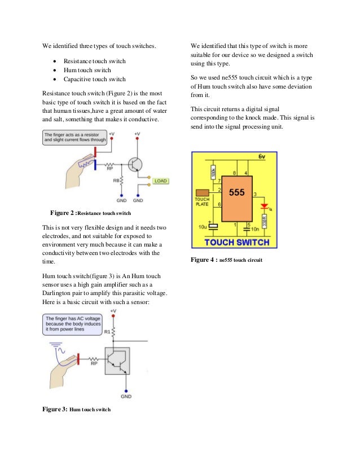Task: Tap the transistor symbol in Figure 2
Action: tap(134, 164)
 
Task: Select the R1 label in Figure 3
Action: tap(107, 332)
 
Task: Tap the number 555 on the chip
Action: tap(237, 192)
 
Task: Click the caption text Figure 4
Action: tap(203, 261)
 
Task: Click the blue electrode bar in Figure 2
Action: tap(95, 165)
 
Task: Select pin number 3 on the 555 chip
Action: tap(255, 195)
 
